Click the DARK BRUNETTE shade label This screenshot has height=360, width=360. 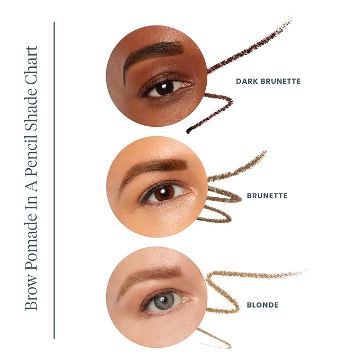tap(268, 81)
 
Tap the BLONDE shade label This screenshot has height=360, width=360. tap(262, 305)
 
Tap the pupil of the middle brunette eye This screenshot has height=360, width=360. tap(163, 192)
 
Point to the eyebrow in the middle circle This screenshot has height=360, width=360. tap(152, 168)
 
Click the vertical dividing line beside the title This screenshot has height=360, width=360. tap(54, 180)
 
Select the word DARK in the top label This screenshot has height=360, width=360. tap(247, 81)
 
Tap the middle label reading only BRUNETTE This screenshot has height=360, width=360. tap(267, 196)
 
